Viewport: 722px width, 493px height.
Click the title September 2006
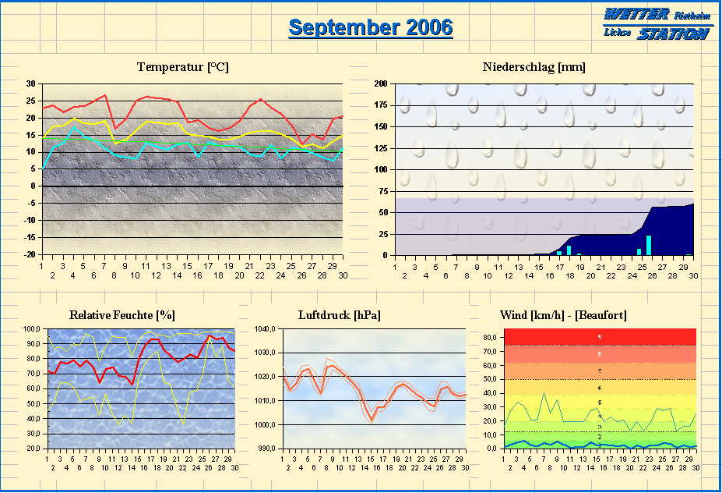pos(370,27)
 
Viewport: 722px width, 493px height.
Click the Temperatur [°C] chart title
pos(182,67)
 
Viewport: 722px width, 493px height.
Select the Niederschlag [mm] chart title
pos(534,67)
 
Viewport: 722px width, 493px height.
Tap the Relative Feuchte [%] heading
pos(122,315)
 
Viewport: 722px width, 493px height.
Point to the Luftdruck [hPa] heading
pos(339,315)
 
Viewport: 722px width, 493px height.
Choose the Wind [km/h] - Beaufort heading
pos(562,315)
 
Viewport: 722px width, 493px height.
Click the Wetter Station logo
pos(657,24)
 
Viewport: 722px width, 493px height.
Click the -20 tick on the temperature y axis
pos(29,254)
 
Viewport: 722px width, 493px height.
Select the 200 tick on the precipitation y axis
pos(381,83)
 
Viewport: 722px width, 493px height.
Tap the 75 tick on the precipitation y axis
pos(382,191)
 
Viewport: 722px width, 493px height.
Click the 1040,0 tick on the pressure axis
pos(266,329)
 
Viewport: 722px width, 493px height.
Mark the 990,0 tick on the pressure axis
pos(266,449)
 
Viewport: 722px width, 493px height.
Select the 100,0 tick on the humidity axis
pos(33,329)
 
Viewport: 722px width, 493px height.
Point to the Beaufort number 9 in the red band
pos(599,337)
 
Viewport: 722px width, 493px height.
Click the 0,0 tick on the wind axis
pos(492,449)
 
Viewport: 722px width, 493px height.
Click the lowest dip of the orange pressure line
pos(372,420)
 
